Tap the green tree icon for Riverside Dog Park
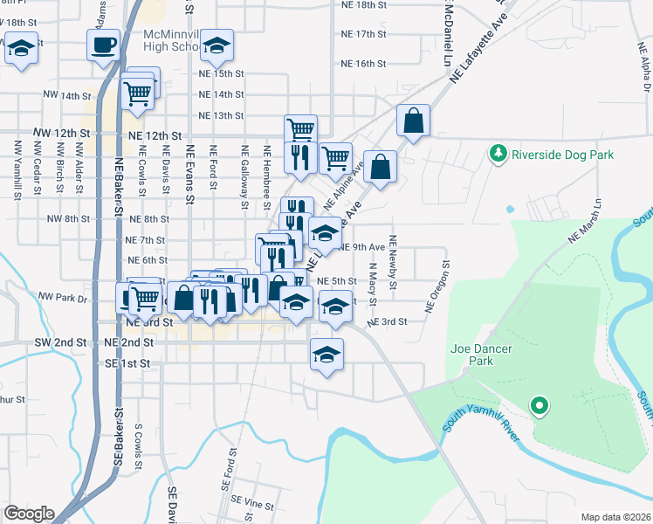pyautogui.click(x=498, y=154)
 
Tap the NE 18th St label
pyautogui.click(x=364, y=5)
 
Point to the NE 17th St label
pyautogui.click(x=364, y=34)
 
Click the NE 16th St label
pyautogui.click(x=364, y=64)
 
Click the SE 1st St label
pyautogui.click(x=127, y=363)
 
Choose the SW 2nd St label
pyautogui.click(x=63, y=343)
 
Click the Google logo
pyautogui.click(x=29, y=514)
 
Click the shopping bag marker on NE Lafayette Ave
pyautogui.click(x=413, y=121)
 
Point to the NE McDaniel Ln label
pyautogui.click(x=449, y=35)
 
